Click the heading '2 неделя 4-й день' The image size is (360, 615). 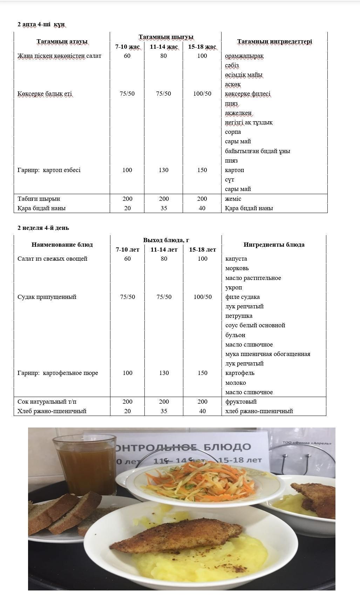coord(43,228)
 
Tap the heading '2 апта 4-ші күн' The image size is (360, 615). coord(41,24)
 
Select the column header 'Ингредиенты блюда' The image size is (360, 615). coord(274,245)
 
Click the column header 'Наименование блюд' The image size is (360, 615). coord(62,245)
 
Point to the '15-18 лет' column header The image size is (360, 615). coord(202,250)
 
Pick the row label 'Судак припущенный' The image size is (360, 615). coord(47,297)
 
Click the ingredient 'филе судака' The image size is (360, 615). coord(243,297)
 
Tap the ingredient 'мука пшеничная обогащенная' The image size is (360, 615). coord(268,354)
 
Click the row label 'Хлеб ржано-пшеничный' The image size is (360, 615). coord(52,411)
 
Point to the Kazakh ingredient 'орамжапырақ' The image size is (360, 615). coord(244,56)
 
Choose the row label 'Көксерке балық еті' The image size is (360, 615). coord(45,94)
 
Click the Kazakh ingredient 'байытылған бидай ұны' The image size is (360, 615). coord(258,151)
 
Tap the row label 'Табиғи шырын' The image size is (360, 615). coord(39,199)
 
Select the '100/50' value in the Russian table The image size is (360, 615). coord(203,297)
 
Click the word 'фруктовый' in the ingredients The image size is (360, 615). coord(241,402)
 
